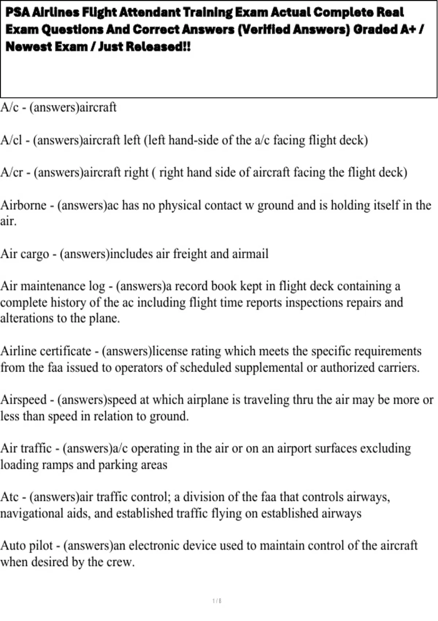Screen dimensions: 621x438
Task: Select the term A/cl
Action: click(x=11, y=140)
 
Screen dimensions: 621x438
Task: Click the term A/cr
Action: click(x=12, y=172)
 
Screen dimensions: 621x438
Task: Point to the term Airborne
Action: click(x=23, y=205)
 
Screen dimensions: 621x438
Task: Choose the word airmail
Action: click(x=250, y=254)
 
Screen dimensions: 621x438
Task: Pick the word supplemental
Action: click(x=269, y=367)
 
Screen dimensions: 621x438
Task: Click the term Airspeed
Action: click(x=23, y=400)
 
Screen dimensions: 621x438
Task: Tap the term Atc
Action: click(x=9, y=497)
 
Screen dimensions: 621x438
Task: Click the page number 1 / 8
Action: click(x=217, y=601)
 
